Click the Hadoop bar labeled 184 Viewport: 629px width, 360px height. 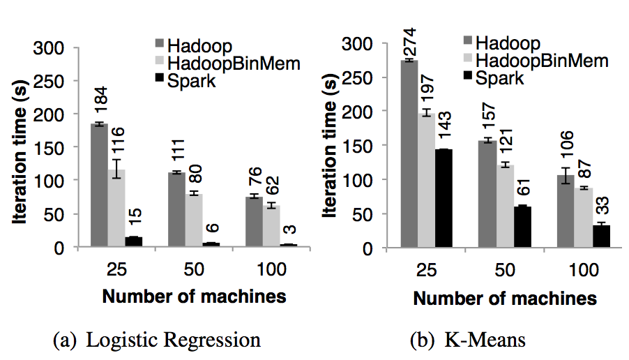coord(98,185)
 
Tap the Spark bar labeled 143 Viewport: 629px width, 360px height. coord(444,198)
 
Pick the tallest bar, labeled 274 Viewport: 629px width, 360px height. coord(409,153)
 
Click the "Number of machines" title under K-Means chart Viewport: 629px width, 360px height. coord(505,298)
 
